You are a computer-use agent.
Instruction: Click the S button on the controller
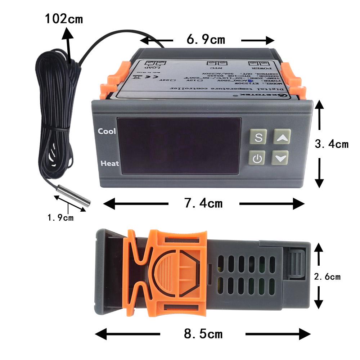click(x=258, y=137)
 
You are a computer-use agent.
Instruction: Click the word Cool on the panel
click(x=107, y=131)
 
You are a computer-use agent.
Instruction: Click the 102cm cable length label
click(x=64, y=19)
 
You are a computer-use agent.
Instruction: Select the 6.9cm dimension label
click(x=206, y=40)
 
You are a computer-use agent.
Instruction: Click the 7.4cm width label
click(x=203, y=204)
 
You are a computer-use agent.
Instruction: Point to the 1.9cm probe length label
click(x=60, y=217)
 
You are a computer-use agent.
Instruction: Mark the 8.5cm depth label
click(x=203, y=334)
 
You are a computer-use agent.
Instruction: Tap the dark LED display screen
click(x=179, y=145)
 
